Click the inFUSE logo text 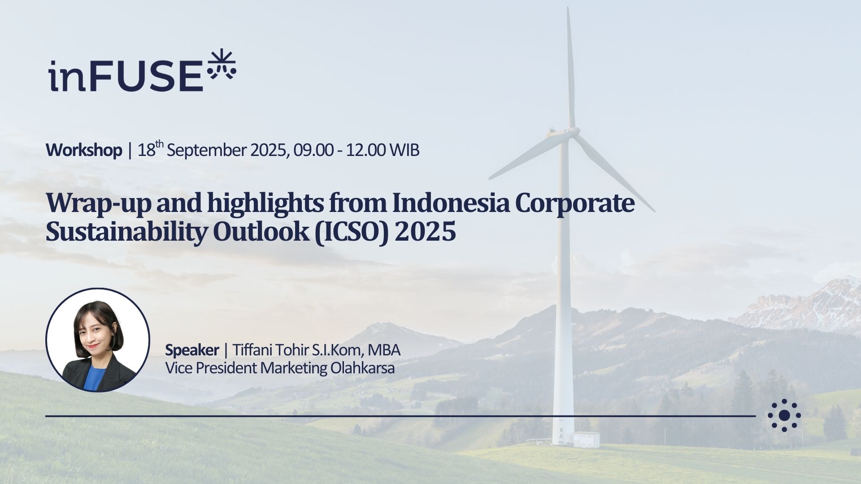point(126,76)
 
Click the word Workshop point(84,150)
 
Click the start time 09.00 point(313,150)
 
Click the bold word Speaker point(192,350)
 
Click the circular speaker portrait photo point(98,340)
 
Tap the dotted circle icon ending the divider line point(784,415)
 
